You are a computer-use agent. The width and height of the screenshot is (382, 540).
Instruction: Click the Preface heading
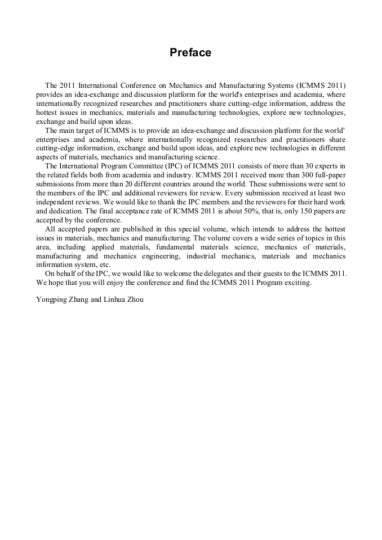click(x=190, y=53)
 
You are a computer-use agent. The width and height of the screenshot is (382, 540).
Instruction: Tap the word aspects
click(x=48, y=157)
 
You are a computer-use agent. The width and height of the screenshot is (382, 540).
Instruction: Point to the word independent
click(x=55, y=202)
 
